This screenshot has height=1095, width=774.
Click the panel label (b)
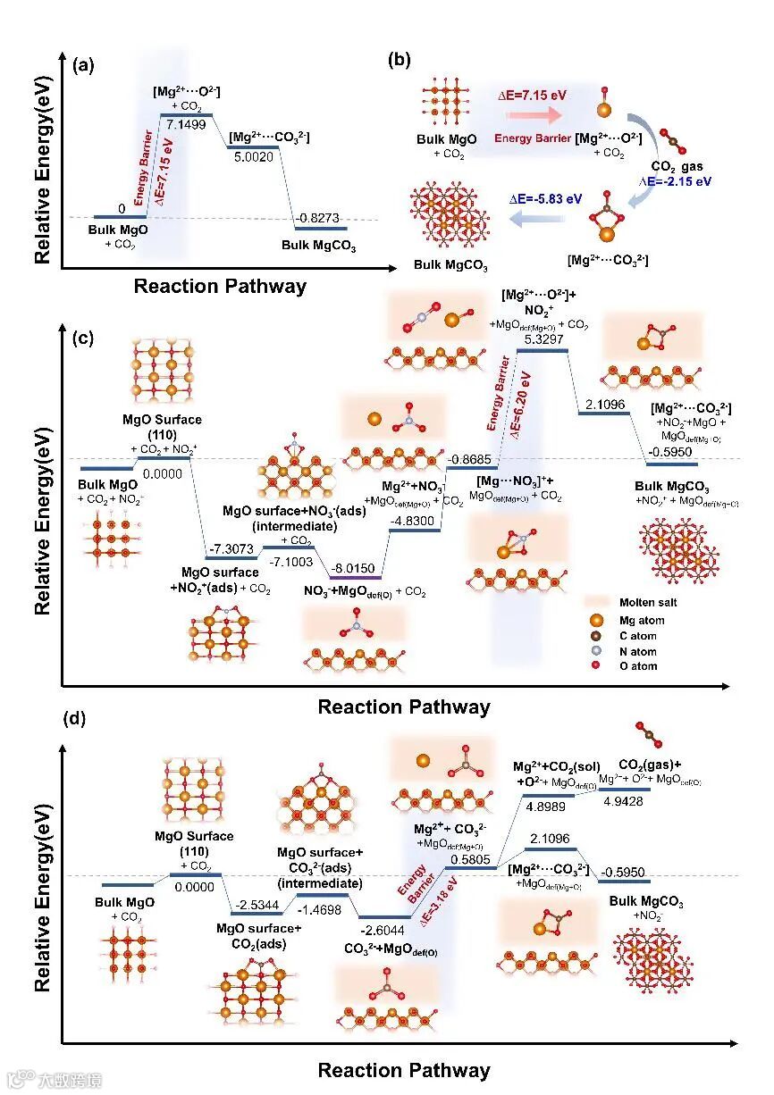click(400, 62)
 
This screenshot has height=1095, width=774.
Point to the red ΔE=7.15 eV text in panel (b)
click(533, 95)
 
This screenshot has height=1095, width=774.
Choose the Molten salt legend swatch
click(596, 603)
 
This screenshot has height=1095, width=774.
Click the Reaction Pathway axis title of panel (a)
click(220, 287)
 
